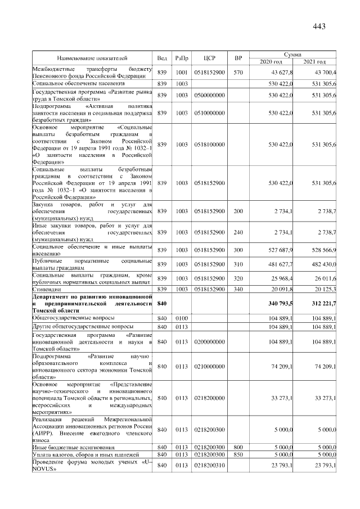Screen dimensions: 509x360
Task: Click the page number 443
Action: coord(319,26)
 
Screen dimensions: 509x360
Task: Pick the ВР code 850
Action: coord(238,454)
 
